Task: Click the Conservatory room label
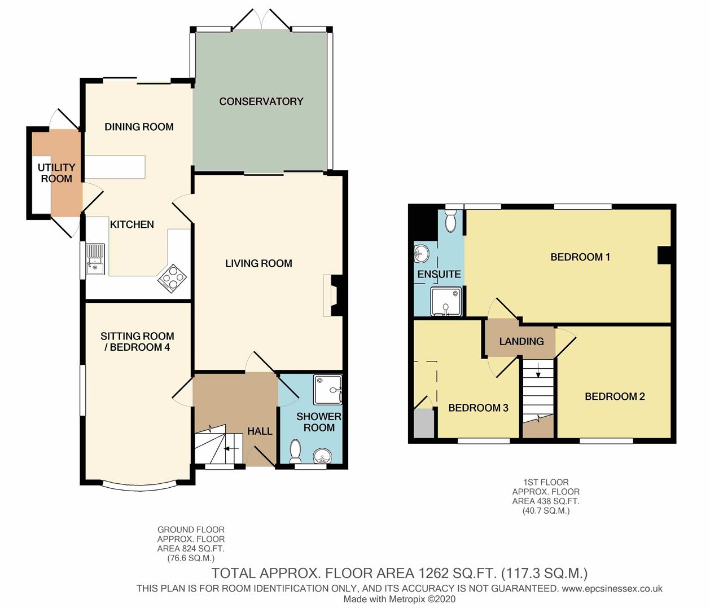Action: point(261,101)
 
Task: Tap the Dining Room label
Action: point(139,127)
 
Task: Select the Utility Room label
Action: point(56,173)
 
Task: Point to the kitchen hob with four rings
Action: point(173,278)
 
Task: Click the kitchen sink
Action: point(95,259)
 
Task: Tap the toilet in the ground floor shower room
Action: point(295,452)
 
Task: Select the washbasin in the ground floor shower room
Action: point(322,456)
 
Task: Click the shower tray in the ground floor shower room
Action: point(327,390)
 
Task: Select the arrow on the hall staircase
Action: point(231,448)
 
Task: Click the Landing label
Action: point(521,341)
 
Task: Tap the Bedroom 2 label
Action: point(615,396)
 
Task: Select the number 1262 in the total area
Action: point(429,573)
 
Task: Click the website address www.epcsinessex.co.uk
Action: point(612,588)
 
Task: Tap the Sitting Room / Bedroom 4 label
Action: point(137,342)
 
